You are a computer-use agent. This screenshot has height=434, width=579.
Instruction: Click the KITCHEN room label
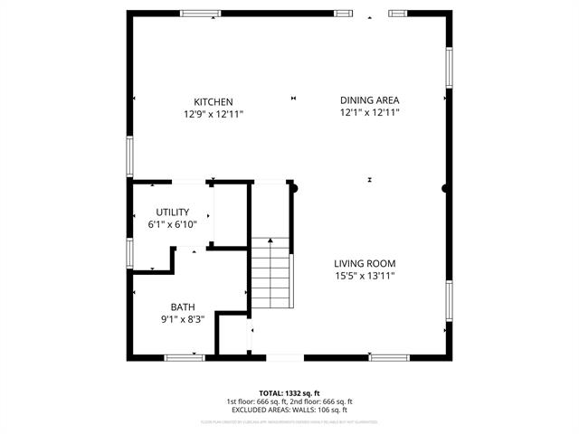click(x=214, y=101)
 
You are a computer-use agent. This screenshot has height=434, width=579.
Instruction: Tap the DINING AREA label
click(x=369, y=100)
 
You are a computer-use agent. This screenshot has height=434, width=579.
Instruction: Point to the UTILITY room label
click(x=172, y=212)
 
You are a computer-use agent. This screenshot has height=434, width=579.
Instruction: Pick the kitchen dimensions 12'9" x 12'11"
click(x=214, y=114)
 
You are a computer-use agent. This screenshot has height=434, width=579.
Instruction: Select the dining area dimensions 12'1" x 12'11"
click(x=369, y=113)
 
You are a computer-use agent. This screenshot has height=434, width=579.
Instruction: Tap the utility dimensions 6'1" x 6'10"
click(x=172, y=223)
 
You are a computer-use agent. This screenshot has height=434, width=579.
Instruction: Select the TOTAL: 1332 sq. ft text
click(x=289, y=393)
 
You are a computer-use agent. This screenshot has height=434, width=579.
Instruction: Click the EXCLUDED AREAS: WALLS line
click(x=289, y=410)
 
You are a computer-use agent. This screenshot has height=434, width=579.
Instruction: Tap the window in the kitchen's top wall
click(x=201, y=14)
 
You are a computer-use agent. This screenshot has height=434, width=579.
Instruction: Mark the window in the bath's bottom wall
click(x=185, y=358)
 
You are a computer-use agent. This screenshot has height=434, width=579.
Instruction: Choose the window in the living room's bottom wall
click(x=389, y=358)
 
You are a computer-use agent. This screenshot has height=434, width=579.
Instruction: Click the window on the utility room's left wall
click(x=130, y=253)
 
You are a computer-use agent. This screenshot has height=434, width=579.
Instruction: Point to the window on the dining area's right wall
click(x=449, y=68)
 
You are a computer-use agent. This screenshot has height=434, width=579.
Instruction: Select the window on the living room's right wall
click(x=449, y=301)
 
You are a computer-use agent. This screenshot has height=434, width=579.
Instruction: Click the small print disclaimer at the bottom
click(x=289, y=422)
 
